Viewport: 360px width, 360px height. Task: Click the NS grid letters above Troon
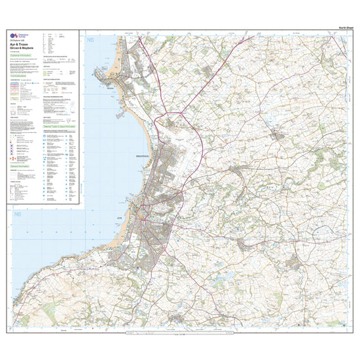pos(90,41)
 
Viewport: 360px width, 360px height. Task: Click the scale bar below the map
pos(183,334)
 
